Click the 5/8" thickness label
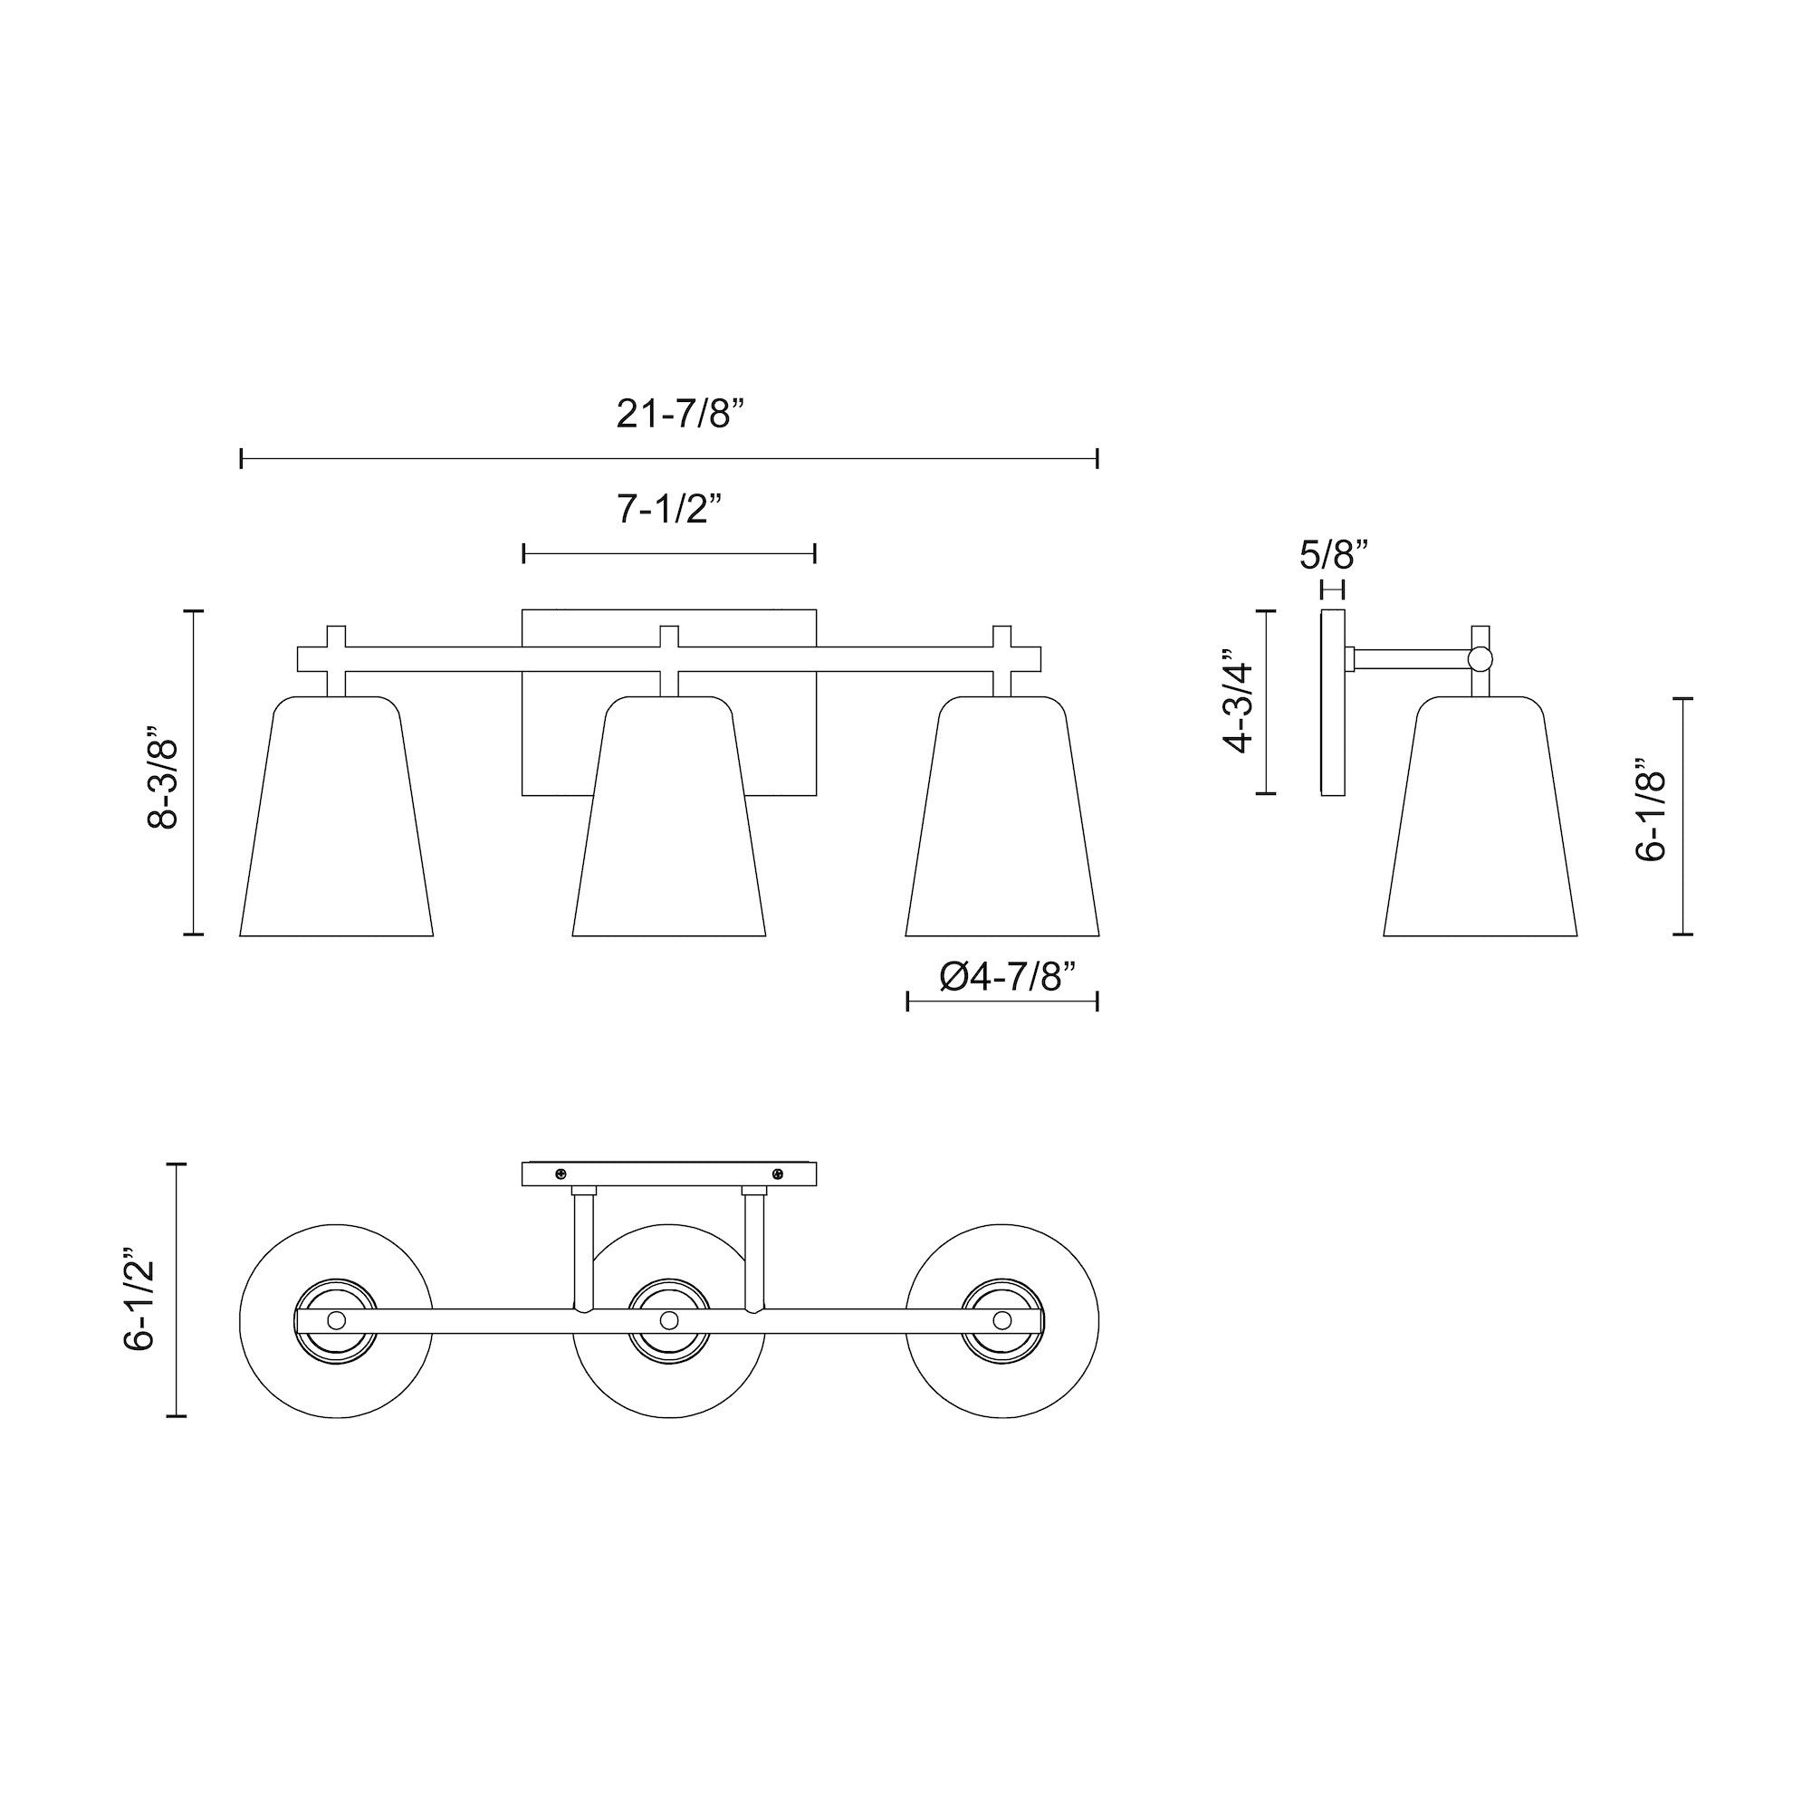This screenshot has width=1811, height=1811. tap(1334, 556)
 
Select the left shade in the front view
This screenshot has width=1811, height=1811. tap(337, 825)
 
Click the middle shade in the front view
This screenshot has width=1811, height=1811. tap(669, 825)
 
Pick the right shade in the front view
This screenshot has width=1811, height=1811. tap(1002, 825)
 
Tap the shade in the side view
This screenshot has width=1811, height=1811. tap(1480, 825)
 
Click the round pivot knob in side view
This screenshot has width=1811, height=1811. tap(1480, 659)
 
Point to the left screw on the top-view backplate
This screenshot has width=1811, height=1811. tap(561, 1174)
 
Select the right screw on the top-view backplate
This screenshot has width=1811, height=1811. tap(777, 1174)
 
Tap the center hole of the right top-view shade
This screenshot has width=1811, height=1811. tap(1002, 1320)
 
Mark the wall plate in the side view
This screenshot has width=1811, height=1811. tap(1333, 703)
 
